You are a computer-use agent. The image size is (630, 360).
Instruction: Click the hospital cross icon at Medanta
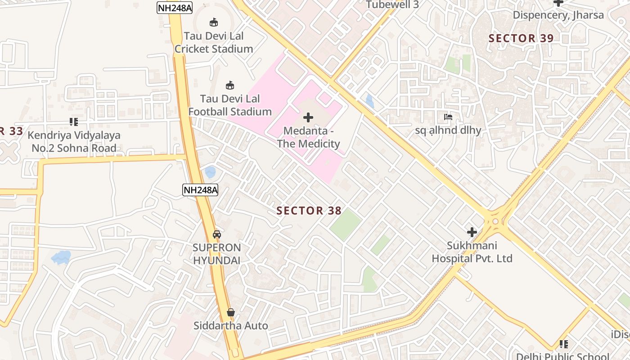coord(308,118)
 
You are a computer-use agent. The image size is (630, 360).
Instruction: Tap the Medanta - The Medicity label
coord(308,138)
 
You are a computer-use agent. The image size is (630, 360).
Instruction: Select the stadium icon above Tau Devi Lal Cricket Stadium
coord(214,22)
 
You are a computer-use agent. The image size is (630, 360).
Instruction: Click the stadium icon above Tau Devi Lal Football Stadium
coord(230,85)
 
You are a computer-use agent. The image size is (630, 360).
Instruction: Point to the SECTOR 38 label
coord(309,211)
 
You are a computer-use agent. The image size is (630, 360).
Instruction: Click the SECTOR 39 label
coord(521,39)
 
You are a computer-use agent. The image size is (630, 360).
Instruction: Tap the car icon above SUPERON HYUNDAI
coord(217,234)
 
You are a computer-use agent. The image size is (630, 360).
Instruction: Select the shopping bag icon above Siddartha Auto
coord(231,312)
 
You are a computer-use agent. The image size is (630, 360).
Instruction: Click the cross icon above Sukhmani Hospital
coord(472,232)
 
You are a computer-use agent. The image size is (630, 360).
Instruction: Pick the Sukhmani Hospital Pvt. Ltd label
coord(472,252)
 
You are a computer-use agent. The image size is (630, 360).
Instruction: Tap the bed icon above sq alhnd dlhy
coord(448,117)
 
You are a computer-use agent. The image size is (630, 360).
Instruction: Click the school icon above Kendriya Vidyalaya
coord(74,121)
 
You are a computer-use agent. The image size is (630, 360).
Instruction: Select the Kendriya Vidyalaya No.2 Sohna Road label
coord(74,142)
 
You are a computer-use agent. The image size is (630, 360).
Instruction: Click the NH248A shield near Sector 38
coord(200,190)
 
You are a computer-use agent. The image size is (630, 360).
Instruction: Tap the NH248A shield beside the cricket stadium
coord(175,8)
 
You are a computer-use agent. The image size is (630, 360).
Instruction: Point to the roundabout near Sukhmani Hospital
coord(495,221)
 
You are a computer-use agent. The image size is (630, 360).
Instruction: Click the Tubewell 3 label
coord(392,5)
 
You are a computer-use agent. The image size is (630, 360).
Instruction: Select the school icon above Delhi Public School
coord(563,344)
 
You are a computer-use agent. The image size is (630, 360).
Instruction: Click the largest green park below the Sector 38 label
coord(345,224)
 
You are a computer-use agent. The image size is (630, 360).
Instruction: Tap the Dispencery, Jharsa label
coord(558,15)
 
